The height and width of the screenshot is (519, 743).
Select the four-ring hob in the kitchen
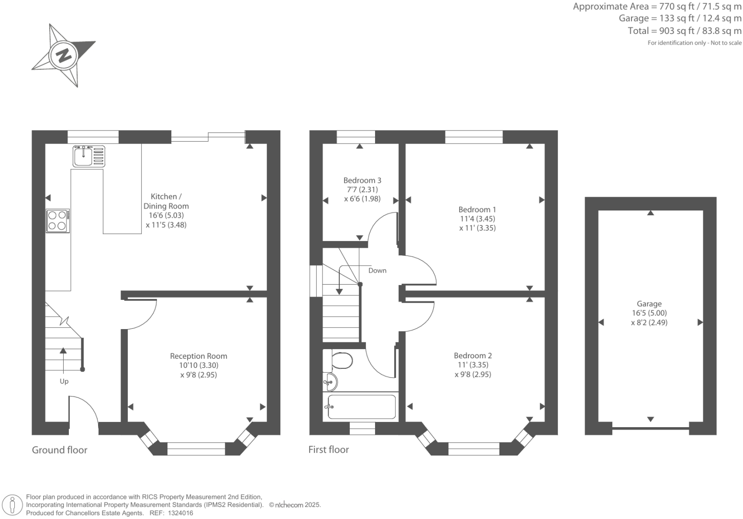pos(57,221)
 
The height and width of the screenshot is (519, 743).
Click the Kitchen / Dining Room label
pos(166,201)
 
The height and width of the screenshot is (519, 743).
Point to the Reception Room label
pos(199,356)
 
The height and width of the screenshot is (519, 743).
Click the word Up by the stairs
pos(64,381)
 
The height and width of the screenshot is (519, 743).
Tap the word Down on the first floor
pos(377,271)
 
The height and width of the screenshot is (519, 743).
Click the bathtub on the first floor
pos(362,407)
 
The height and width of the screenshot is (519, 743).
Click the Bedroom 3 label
pos(362,180)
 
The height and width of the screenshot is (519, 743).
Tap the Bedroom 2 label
pos(473,355)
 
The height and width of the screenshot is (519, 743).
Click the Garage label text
pos(649,304)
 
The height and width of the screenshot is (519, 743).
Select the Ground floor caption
pos(60,450)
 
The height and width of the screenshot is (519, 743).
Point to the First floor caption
pos(329,450)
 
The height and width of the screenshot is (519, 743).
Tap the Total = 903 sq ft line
pos(685,31)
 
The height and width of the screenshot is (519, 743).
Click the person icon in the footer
pos(13,505)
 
